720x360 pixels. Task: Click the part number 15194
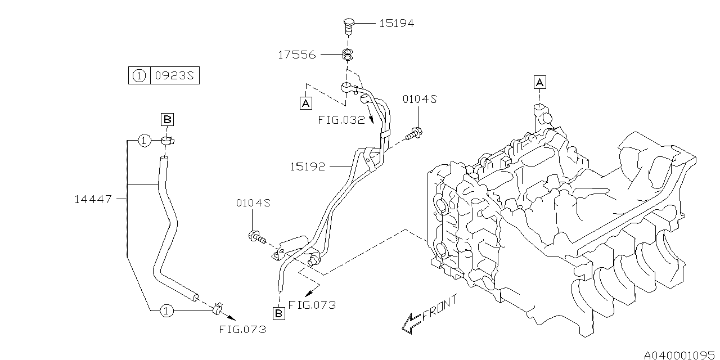click(396, 23)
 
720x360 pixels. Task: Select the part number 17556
click(296, 55)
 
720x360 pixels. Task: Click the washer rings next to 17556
click(348, 55)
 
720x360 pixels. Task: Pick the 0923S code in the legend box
click(174, 75)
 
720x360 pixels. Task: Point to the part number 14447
click(93, 199)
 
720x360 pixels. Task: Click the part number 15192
click(307, 166)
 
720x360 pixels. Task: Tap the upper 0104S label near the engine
click(419, 100)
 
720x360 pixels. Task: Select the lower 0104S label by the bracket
click(253, 202)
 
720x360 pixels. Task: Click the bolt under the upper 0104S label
click(415, 133)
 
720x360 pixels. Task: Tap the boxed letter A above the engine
click(539, 83)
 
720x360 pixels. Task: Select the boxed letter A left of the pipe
click(305, 103)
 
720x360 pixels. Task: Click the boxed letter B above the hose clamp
click(168, 119)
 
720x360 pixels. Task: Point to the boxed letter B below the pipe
click(278, 313)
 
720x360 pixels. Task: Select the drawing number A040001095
click(680, 354)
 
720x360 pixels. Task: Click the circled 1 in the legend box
click(139, 75)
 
